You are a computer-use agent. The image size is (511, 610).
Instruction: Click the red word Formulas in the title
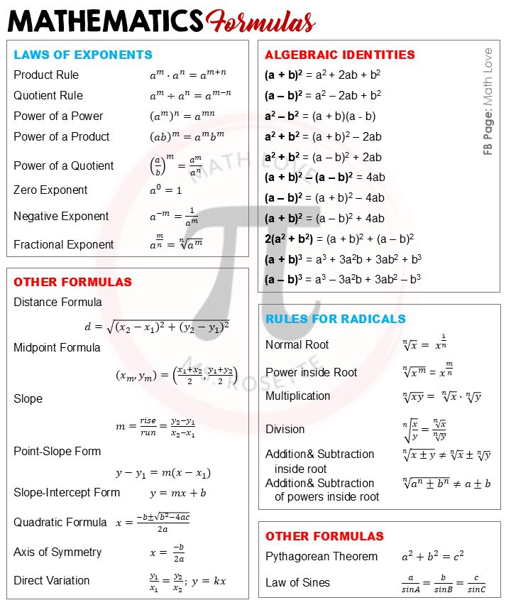pyautogui.click(x=261, y=21)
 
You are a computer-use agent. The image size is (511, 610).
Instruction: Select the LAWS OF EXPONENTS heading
pyautogui.click(x=83, y=55)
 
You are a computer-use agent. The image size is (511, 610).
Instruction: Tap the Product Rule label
pyautogui.click(x=46, y=75)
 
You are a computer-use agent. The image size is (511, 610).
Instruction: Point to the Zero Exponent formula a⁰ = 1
pyautogui.click(x=165, y=190)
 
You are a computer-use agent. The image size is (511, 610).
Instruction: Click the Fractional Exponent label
pyautogui.click(x=64, y=244)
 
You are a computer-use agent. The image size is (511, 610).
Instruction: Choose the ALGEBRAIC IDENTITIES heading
pyautogui.click(x=340, y=55)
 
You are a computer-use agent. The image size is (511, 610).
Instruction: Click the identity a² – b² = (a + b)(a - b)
pyautogui.click(x=320, y=116)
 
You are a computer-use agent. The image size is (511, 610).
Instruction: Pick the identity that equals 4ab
pyautogui.click(x=324, y=177)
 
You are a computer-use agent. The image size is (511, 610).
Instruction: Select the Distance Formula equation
pyautogui.click(x=157, y=327)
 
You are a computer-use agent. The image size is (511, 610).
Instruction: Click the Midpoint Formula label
pyautogui.click(x=57, y=347)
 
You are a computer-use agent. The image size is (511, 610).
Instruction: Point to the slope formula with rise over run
pyautogui.click(x=155, y=426)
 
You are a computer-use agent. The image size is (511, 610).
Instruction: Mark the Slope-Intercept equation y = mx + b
pyautogui.click(x=177, y=493)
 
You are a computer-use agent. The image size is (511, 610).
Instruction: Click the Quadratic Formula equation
pyautogui.click(x=153, y=523)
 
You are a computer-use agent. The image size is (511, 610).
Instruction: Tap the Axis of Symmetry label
pyautogui.click(x=57, y=552)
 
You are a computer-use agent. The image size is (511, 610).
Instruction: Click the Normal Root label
pyautogui.click(x=297, y=344)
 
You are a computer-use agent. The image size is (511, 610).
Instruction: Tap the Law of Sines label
pyautogui.click(x=297, y=582)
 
